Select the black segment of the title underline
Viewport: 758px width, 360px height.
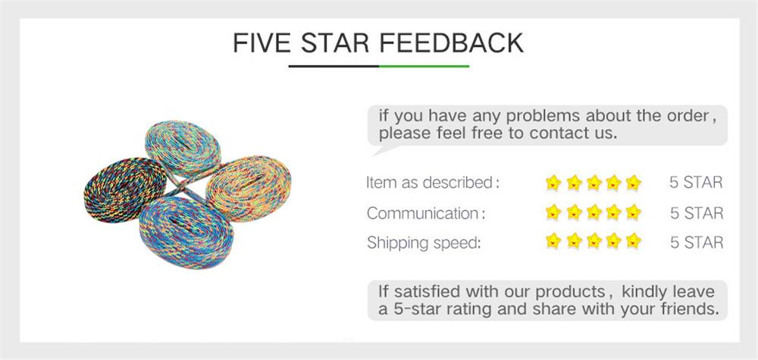334,66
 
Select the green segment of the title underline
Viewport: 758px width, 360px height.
424,66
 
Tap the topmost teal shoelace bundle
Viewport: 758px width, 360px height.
182,147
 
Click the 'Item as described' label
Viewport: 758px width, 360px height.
431,183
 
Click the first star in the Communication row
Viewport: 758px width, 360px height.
553,213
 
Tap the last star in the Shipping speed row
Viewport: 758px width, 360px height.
634,243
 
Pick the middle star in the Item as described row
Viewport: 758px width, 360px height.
594,183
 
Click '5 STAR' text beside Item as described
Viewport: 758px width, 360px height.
696,183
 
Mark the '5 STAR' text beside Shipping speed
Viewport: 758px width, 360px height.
696,243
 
